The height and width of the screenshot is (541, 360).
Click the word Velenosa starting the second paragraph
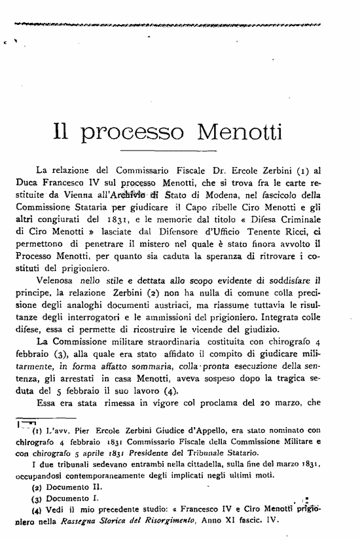click(x=57, y=280)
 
